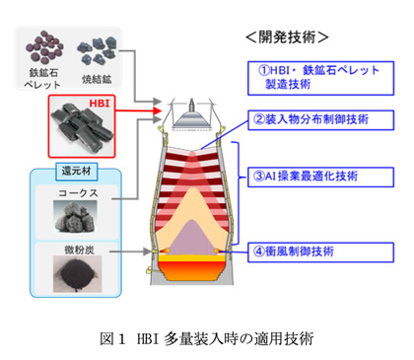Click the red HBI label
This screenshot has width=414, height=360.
pyautogui.click(x=100, y=104)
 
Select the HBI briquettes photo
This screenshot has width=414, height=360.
pyautogui.click(x=82, y=126)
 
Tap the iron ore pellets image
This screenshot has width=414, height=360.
pyautogui.click(x=44, y=47)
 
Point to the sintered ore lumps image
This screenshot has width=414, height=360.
pyautogui.click(x=97, y=50)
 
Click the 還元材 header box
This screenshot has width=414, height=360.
pyautogui.click(x=77, y=172)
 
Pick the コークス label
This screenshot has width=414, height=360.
pyautogui.click(x=78, y=193)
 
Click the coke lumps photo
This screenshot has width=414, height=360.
pyautogui.click(x=75, y=217)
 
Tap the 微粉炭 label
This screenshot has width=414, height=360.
pyautogui.click(x=79, y=250)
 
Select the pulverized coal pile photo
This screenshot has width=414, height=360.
pyautogui.click(x=78, y=274)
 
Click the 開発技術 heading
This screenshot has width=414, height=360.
pyautogui.click(x=287, y=37)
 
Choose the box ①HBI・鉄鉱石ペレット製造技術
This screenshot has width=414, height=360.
pyautogui.click(x=320, y=78)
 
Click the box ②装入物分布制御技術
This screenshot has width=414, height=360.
pyautogui.click(x=320, y=120)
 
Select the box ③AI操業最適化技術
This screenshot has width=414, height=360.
pyautogui.click(x=320, y=177)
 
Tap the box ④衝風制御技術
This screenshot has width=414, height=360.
pyautogui.click(x=320, y=252)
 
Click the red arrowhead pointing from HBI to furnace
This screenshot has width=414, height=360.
pyautogui.click(x=158, y=110)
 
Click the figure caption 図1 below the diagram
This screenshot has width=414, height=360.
pyautogui.click(x=207, y=338)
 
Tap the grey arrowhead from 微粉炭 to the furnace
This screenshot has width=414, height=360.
pyautogui.click(x=148, y=252)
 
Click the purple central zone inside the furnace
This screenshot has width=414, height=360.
pyautogui.click(x=191, y=239)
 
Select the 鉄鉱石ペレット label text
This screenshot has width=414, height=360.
pyautogui.click(x=42, y=79)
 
